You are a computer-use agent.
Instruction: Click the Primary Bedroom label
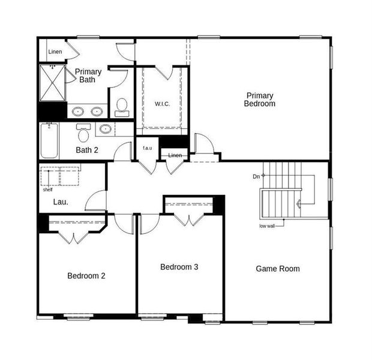tap(259, 100)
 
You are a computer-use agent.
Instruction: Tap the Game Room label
tap(277, 269)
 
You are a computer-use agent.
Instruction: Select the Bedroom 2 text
tap(86, 276)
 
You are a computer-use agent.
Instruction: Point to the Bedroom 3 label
tap(179, 267)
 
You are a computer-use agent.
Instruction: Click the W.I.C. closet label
tap(162, 104)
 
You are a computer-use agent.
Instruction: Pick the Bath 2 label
tap(87, 150)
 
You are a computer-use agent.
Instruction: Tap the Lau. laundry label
tap(60, 202)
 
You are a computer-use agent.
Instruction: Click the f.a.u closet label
tap(147, 148)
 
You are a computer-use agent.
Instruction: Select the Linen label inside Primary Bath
tap(55, 52)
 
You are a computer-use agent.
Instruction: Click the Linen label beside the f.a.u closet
tap(175, 156)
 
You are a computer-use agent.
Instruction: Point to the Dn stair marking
tap(256, 176)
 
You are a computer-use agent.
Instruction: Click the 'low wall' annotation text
tap(268, 226)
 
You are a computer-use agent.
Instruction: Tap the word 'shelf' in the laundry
tap(47, 190)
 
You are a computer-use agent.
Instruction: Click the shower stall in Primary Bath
tap(52, 83)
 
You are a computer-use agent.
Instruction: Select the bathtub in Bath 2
tap(49, 140)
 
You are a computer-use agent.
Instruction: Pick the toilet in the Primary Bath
tap(122, 106)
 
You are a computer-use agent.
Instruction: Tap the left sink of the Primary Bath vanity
tap(78, 111)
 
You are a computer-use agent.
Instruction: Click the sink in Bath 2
tap(105, 128)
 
